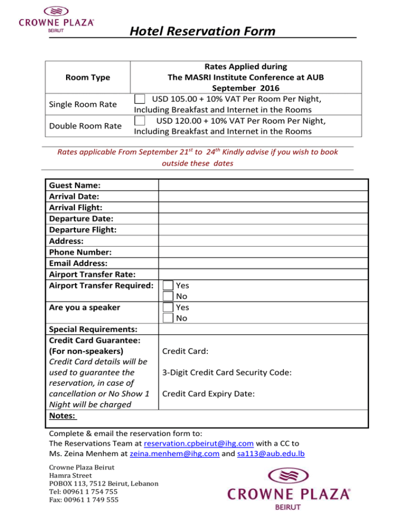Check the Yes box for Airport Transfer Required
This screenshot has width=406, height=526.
[x=168, y=285]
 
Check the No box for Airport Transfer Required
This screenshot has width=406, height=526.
[x=168, y=296]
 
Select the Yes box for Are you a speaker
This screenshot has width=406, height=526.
[x=168, y=307]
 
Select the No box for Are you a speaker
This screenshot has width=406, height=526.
[x=168, y=318]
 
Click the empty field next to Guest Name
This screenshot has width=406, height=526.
[x=263, y=185]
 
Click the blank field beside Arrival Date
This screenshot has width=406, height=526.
[x=263, y=196]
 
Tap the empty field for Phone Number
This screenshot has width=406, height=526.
[x=263, y=252]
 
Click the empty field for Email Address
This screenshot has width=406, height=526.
[x=263, y=263]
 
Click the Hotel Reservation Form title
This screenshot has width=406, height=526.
[x=202, y=31]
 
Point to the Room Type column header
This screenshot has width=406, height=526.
[x=88, y=77]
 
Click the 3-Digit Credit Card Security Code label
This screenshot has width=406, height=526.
[x=227, y=373]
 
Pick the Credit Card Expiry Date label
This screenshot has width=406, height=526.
[x=209, y=394]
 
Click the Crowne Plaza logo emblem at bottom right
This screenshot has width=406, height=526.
[x=288, y=479]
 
